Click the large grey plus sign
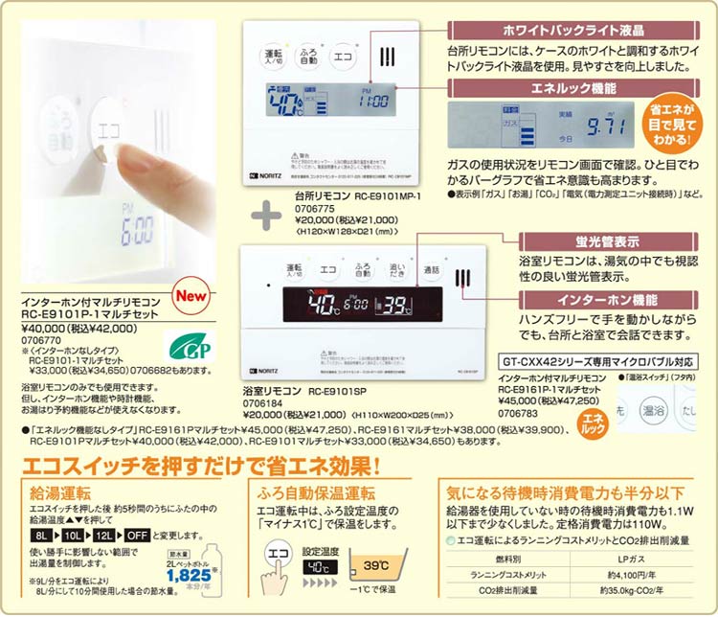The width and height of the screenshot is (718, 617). pos(266,214)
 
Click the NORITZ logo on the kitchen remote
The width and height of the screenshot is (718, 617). pos(271,176)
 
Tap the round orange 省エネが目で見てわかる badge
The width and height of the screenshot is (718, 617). pos(680,120)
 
